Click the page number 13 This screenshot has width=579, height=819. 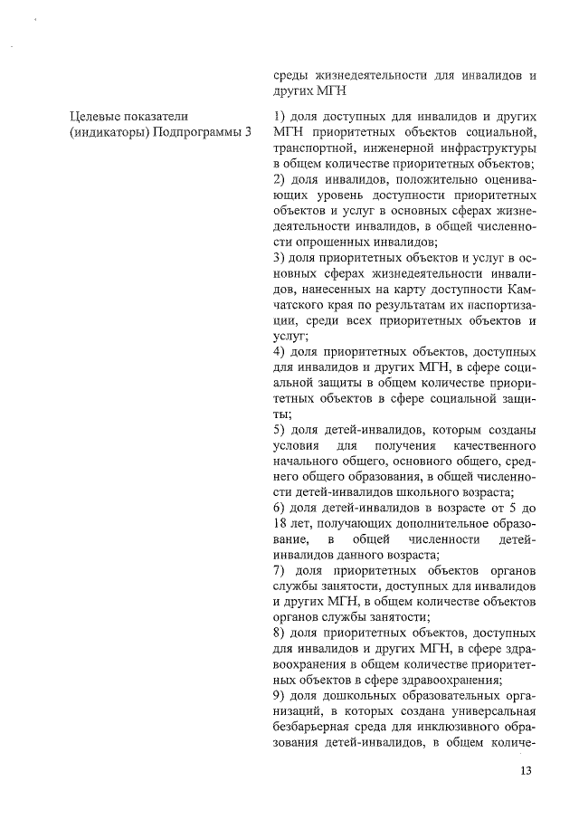click(527, 771)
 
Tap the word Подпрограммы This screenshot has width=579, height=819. click(196, 133)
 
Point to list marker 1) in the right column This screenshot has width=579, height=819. click(279, 117)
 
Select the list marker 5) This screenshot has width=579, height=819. click(279, 430)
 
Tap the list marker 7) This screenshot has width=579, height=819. click(279, 570)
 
